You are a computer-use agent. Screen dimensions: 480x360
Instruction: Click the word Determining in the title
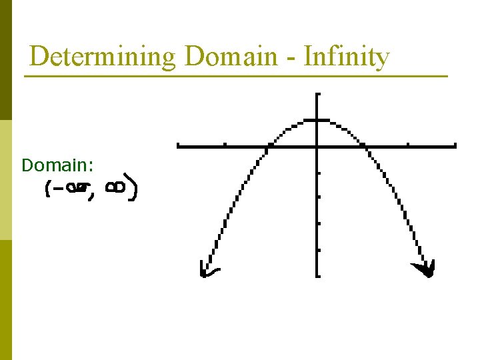[102, 57]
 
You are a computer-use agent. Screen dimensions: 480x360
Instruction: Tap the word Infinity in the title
[346, 57]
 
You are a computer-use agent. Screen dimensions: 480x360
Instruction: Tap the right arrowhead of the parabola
[426, 269]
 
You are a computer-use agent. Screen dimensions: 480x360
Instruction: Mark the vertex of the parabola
[317, 121]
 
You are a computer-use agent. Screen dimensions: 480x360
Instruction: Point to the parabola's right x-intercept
[363, 145]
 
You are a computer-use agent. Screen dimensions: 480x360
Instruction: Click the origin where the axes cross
[317, 145]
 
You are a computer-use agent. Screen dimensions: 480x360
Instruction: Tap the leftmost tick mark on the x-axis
[225, 144]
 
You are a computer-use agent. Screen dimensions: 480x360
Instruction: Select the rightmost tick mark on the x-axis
[408, 144]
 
